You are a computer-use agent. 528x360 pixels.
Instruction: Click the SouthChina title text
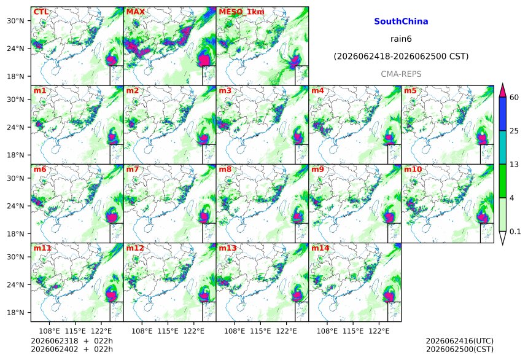(401, 22)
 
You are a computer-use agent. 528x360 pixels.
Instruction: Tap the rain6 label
(401, 39)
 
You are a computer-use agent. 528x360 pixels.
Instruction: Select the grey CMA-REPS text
(401, 74)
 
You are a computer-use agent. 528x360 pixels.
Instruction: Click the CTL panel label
(41, 12)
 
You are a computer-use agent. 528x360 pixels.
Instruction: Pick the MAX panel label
(135, 12)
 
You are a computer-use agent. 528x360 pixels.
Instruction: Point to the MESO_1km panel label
(241, 12)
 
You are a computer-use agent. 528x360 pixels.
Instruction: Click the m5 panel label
(410, 90)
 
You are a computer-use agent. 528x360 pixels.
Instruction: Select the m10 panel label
(413, 169)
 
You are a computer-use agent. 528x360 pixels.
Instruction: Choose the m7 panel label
(133, 169)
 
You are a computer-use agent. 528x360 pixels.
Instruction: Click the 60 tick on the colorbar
(514, 98)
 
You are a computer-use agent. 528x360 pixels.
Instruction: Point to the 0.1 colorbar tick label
(515, 231)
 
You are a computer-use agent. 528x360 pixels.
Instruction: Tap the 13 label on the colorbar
(514, 165)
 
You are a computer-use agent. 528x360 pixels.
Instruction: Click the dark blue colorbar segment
(502, 114)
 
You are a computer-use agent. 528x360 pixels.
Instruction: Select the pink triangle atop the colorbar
(502, 90)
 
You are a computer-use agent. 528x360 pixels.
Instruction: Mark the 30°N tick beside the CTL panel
(15, 20)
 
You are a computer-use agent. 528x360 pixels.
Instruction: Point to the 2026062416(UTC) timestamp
(460, 341)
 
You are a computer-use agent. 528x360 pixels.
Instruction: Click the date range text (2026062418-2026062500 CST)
(401, 57)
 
